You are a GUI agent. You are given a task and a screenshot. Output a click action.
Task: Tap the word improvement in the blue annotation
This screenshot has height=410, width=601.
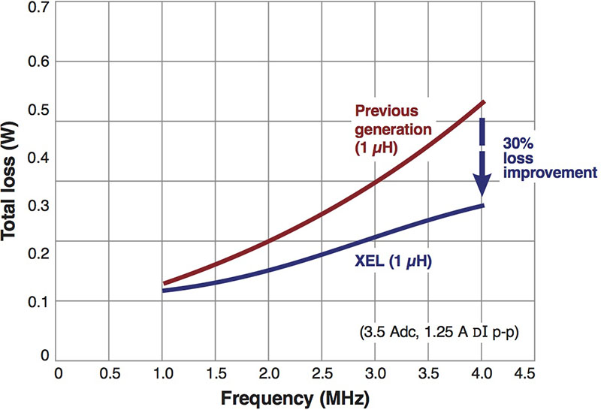pyautogui.click(x=546, y=173)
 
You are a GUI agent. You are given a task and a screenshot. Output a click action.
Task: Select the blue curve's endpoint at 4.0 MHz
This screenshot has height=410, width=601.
pyautogui.click(x=483, y=206)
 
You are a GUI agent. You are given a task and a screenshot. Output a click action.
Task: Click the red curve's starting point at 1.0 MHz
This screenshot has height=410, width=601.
pyautogui.click(x=164, y=284)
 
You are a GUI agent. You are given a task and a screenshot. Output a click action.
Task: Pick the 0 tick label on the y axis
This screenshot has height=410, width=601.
pyautogui.click(x=44, y=354)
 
